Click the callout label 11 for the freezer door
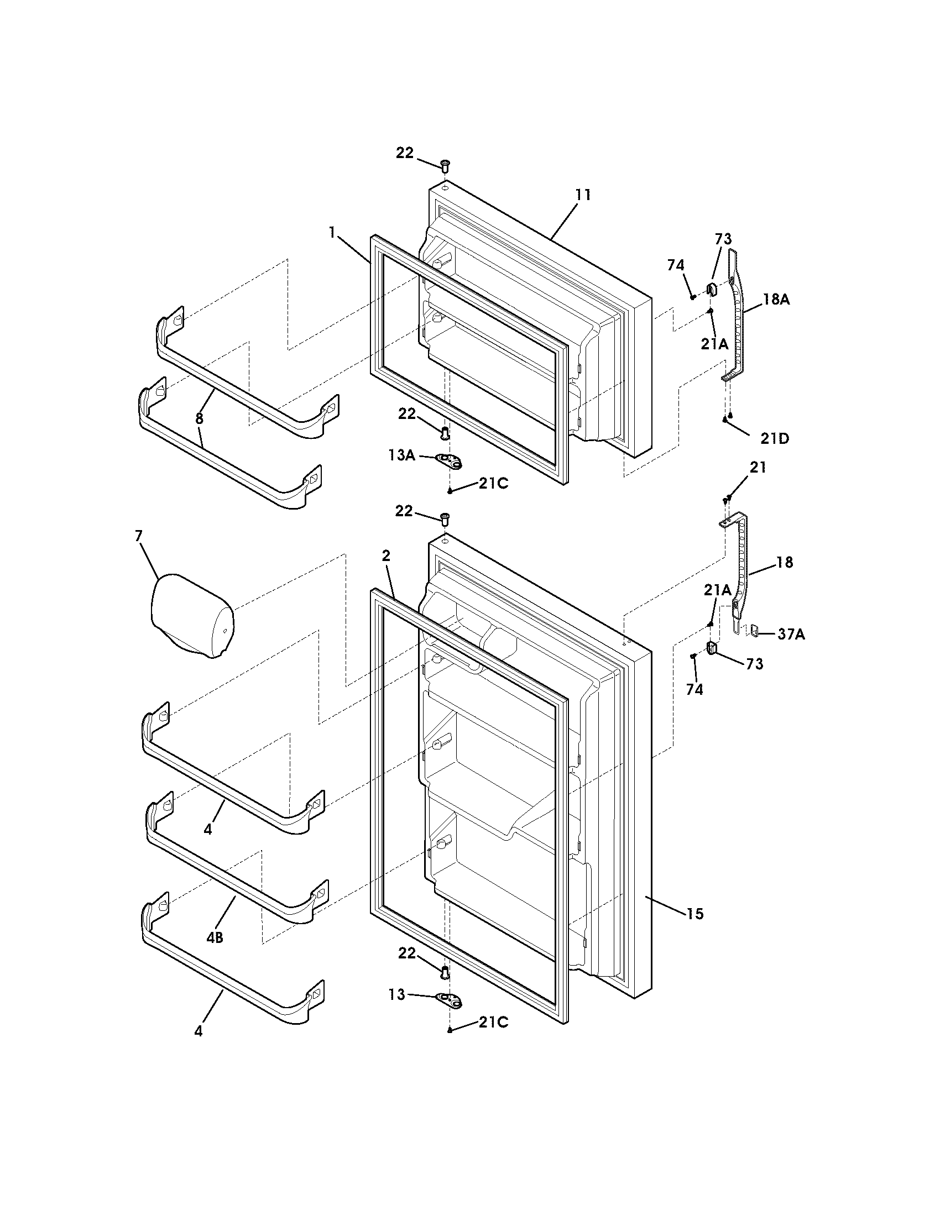(583, 196)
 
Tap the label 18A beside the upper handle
(776, 300)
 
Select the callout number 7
(139, 536)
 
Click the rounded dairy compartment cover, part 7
(192, 617)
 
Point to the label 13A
(402, 455)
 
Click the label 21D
(775, 439)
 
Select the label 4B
(215, 937)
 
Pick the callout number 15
(695, 914)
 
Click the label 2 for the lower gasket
(387, 555)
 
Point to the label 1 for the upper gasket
(332, 232)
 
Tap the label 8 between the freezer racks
(200, 419)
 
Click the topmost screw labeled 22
(445, 165)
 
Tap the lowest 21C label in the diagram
(493, 1022)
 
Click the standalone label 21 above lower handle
(758, 468)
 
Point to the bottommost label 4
(199, 1031)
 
